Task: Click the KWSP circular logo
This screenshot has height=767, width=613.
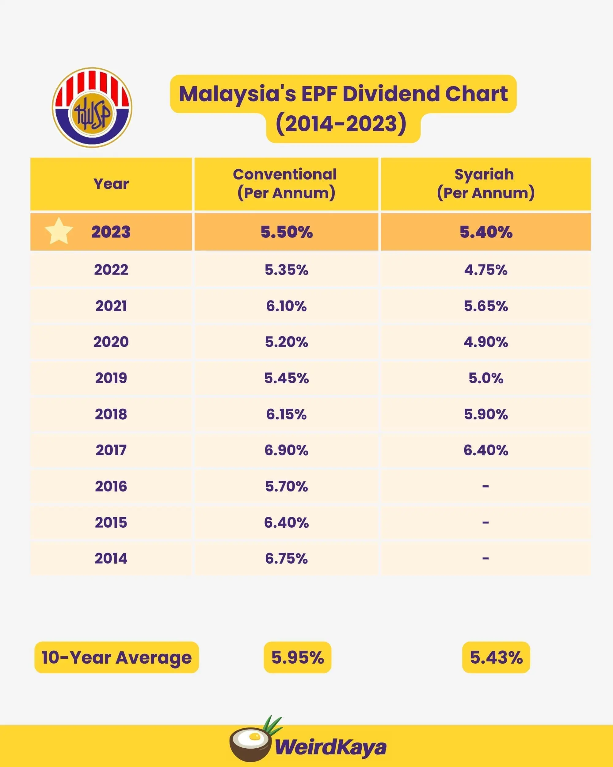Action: tap(92, 107)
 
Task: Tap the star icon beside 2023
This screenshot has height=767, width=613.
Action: tap(59, 231)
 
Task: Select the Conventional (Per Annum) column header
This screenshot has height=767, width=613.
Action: tap(286, 184)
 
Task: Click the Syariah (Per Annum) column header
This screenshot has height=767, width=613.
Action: tap(485, 184)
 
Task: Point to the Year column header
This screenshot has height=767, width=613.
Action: tap(111, 184)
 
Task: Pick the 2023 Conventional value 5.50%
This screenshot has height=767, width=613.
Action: tap(286, 232)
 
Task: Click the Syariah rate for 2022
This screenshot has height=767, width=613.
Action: tap(485, 270)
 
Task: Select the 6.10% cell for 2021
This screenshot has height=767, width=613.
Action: tap(286, 306)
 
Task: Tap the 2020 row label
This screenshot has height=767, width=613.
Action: tap(111, 342)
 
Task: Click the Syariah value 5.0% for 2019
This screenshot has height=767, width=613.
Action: tap(485, 378)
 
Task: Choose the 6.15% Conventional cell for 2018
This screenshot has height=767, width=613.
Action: tap(286, 414)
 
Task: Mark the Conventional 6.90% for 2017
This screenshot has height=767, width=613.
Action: tap(286, 450)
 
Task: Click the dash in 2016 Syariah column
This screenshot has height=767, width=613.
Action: tap(485, 486)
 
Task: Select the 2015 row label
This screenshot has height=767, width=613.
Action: tap(111, 522)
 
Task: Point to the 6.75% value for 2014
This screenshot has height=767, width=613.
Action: tap(286, 558)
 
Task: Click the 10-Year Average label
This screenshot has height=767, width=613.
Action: tap(116, 657)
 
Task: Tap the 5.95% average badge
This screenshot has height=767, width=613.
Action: tap(297, 657)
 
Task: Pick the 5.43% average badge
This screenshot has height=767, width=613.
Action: tap(496, 657)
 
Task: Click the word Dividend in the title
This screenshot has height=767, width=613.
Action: tap(390, 94)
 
